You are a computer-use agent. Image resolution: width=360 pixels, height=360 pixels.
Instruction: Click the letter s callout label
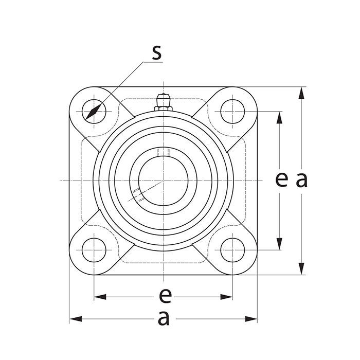(156, 52)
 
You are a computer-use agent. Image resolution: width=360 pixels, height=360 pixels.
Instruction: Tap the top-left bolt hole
(94, 111)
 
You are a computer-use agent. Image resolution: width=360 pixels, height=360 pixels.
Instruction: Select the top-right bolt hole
(232, 111)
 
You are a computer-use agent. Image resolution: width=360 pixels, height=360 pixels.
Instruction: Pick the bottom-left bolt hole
(94, 250)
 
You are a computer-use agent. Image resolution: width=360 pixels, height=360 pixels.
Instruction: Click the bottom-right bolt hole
(232, 250)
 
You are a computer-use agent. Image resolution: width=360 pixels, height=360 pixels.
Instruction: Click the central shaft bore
(163, 181)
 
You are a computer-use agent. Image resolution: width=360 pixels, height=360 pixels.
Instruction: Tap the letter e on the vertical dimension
(280, 179)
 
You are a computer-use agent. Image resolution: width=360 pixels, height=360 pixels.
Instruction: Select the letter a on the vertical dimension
(301, 179)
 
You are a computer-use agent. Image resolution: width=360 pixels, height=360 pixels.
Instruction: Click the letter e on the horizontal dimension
(164, 296)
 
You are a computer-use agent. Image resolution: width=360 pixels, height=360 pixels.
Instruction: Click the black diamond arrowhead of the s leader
(93, 112)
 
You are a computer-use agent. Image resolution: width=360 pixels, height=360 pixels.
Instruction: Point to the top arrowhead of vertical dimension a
(301, 93)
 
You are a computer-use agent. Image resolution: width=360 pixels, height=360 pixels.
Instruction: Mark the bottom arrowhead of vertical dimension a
(301, 269)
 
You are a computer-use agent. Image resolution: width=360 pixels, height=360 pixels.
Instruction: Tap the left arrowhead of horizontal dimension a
(76, 319)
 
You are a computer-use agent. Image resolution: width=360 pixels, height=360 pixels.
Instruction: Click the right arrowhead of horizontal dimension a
(251, 319)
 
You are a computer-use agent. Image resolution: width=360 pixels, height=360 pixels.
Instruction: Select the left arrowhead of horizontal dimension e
(100, 297)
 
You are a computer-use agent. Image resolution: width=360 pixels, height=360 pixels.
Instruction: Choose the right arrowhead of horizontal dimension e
(227, 297)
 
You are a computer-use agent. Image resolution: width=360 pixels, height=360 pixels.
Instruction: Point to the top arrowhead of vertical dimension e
(280, 117)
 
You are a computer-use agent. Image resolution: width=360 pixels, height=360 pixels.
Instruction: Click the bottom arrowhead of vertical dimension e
(280, 244)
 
